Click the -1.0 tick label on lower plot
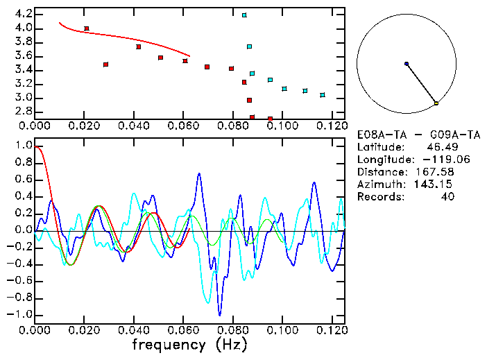tap(21, 314)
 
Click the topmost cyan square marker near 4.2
tap(244, 15)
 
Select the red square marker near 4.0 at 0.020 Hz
tap(86, 28)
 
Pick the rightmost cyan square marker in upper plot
tap(323, 95)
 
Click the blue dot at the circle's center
tap(407, 64)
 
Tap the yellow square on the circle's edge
tap(436, 103)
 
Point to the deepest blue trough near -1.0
tap(220, 314)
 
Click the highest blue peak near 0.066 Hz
tap(199, 173)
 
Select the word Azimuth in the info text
tap(379, 184)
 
